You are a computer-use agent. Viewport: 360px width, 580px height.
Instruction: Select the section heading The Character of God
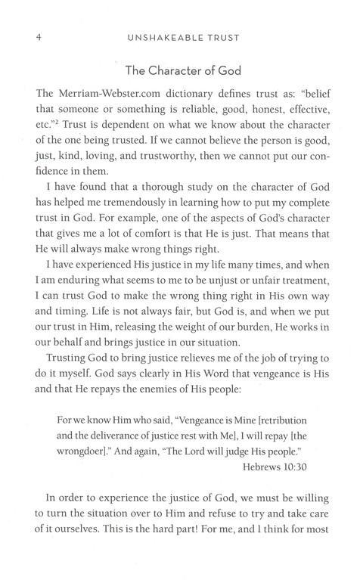pyautogui.click(x=180, y=74)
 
